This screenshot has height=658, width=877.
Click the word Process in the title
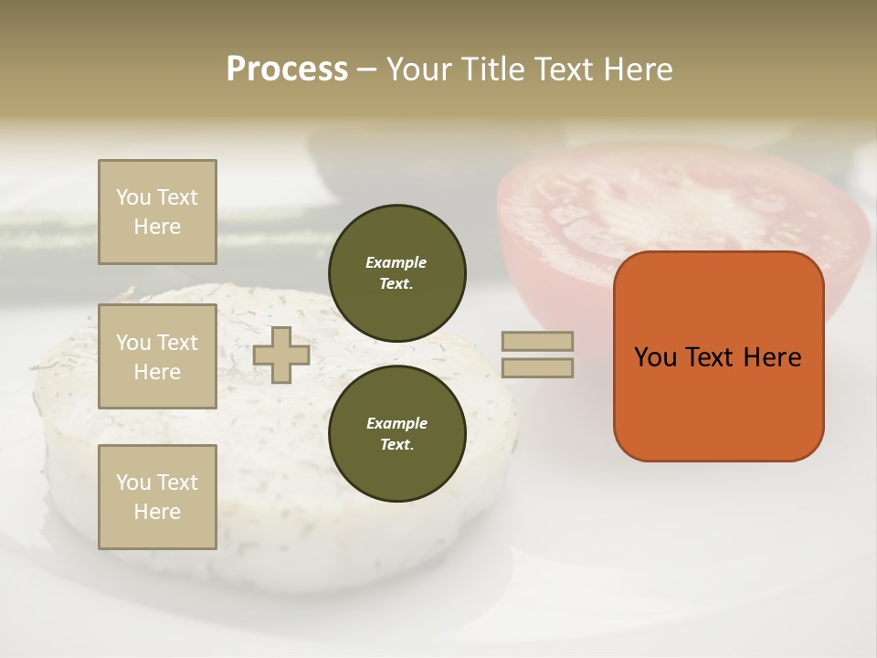point(287,69)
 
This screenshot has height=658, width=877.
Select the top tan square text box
point(157,212)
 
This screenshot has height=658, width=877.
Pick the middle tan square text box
point(157,356)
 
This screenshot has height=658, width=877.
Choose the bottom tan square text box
point(157,497)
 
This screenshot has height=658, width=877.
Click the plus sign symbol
point(281,355)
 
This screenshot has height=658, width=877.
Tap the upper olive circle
point(396,272)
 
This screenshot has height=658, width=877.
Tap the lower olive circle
point(396,433)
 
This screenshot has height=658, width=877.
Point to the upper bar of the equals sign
point(537,341)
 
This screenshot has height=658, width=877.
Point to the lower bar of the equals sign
point(537,367)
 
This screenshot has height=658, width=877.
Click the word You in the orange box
point(655,357)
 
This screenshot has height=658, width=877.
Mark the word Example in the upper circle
point(396,262)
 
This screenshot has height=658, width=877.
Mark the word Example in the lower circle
point(396,423)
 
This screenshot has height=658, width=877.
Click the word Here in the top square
point(157,227)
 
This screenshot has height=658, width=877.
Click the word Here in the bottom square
point(157,512)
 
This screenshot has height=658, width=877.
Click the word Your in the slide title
point(420,69)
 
